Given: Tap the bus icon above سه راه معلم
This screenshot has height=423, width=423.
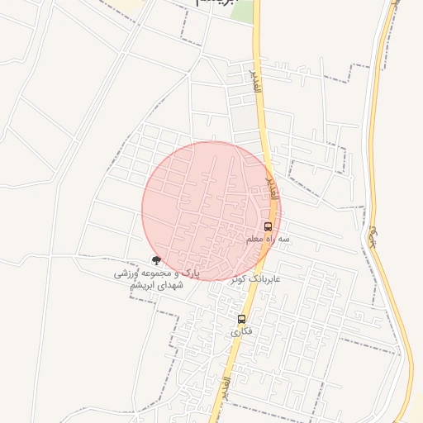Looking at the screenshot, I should [268, 226].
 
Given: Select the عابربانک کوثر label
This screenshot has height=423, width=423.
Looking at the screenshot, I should [257, 278].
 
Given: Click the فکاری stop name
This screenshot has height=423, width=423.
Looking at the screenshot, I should [240, 331].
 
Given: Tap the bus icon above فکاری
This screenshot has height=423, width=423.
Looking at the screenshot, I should [241, 319].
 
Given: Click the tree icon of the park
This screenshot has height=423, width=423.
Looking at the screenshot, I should [156, 260].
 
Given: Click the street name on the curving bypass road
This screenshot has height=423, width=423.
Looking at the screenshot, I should [374, 237].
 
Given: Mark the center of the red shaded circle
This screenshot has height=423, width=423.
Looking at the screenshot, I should [211, 211].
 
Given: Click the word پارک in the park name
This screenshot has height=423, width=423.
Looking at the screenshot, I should [190, 272].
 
